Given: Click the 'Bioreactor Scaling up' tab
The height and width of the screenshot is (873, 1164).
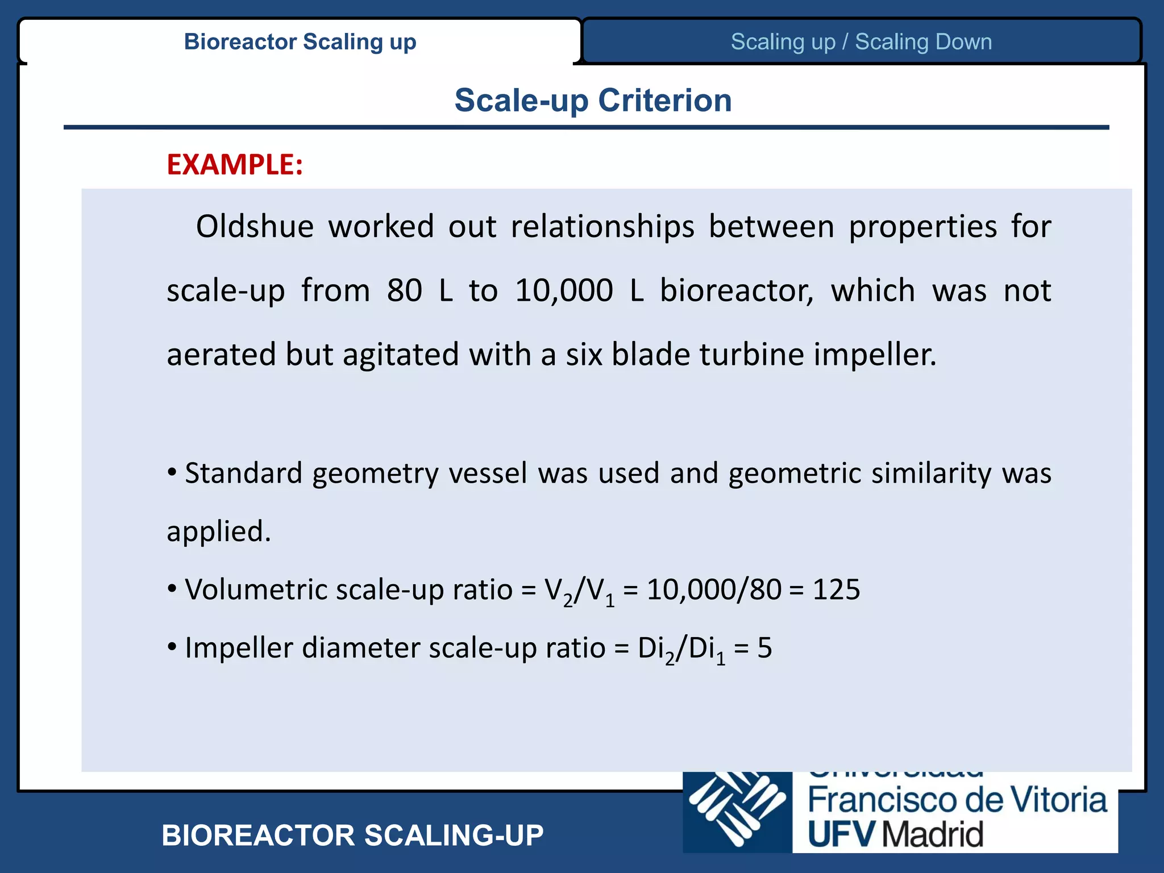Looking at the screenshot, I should pos(300,42).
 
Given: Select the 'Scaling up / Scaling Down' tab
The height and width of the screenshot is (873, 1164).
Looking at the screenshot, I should pos(861,42).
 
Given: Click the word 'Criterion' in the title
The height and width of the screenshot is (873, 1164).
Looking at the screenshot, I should pos(664,101).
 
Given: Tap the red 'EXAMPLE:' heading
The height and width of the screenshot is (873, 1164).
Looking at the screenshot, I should pos(235,165).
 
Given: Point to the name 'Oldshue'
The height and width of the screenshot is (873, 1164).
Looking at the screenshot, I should pos(255,227).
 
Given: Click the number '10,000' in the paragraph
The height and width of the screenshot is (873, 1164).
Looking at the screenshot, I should pos(564,290).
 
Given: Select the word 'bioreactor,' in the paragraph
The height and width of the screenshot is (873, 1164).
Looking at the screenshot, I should pos(737,290).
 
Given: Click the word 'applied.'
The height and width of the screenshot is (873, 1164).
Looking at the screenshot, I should pos(219,531).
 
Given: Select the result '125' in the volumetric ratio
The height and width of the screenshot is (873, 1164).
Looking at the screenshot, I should pos(836,589).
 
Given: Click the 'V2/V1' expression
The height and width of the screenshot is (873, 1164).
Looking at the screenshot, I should pos(579,591).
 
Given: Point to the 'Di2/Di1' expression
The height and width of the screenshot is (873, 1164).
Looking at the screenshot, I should pos(681,649).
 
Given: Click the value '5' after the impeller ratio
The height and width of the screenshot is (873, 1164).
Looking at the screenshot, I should pos(764,648).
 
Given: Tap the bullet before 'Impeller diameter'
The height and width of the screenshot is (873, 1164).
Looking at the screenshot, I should pos(172,647).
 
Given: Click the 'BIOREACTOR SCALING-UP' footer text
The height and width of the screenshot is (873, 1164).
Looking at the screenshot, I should pos(352,835).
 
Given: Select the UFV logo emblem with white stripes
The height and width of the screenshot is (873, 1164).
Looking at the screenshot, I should pos(737,812).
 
